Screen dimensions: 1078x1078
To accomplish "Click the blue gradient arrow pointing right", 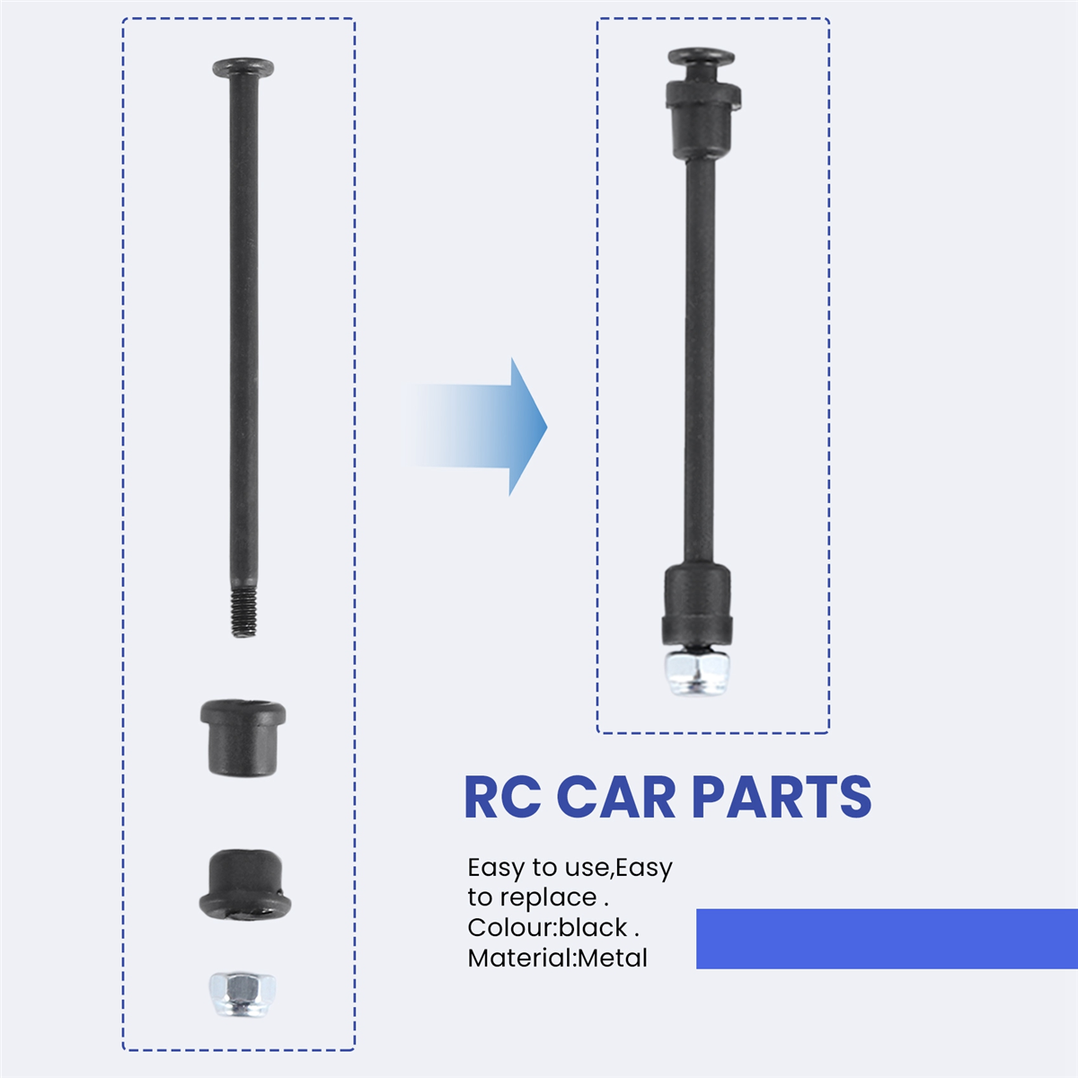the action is (475, 427).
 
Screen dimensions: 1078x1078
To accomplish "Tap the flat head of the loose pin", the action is (243, 67).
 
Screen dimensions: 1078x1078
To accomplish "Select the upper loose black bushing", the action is (243, 737).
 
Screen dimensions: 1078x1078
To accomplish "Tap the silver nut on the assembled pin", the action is (696, 674).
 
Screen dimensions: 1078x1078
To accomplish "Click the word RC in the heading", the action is (502, 798).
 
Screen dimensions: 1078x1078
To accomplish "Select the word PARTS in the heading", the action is (782, 798).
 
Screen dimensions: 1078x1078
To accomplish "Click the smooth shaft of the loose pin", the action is (244, 330).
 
